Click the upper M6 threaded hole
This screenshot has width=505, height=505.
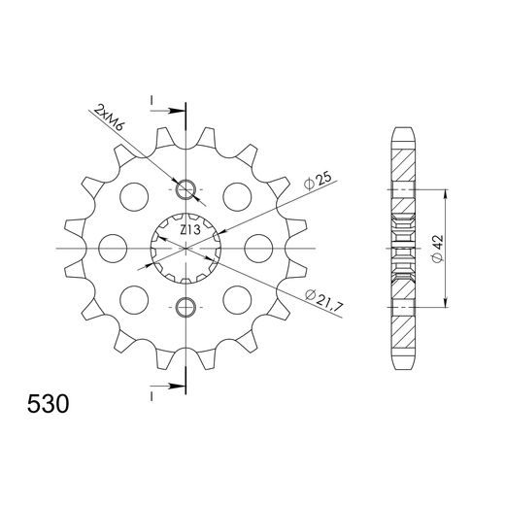coord(186,189)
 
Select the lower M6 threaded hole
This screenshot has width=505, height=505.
coord(186,308)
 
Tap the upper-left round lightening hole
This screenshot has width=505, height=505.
coord(131,197)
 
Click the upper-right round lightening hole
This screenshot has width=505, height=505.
coord(237,197)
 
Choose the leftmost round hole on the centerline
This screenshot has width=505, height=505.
coord(111,249)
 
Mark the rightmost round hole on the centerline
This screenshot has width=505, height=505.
coord(257,249)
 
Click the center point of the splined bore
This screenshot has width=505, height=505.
coord(185,249)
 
